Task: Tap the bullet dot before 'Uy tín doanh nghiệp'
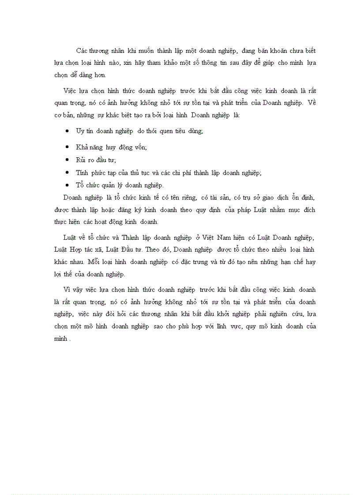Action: click(67, 131)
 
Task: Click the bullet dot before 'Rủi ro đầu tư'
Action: click(67, 160)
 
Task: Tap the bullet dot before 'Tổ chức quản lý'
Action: click(67, 185)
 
